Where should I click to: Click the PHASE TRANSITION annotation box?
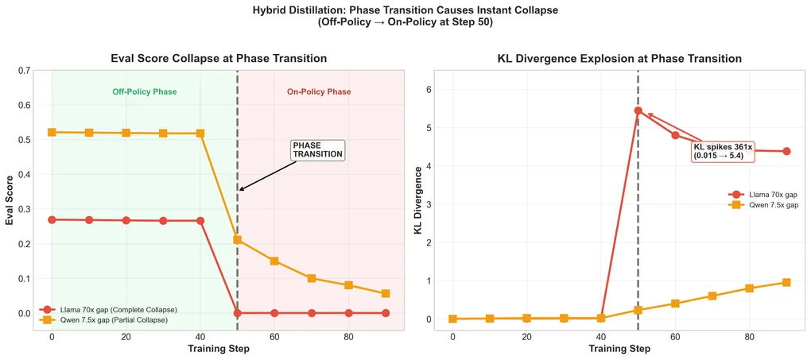tap(317, 150)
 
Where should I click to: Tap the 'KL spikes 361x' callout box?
tap(722, 151)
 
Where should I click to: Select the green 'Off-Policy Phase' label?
tap(144, 92)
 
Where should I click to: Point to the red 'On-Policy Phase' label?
tap(319, 92)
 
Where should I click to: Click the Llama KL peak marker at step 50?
tap(638, 110)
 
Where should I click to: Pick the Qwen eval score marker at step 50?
tap(237, 239)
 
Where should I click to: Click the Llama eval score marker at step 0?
tap(52, 219)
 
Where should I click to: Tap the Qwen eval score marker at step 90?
tap(386, 294)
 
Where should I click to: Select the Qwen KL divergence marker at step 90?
tap(786, 282)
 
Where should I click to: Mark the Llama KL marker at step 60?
tap(675, 135)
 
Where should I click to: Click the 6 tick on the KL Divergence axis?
tap(427, 90)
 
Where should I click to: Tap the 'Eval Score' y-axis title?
tap(10, 198)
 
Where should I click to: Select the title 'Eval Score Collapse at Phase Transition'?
tap(218, 59)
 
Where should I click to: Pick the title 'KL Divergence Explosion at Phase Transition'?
tap(619, 59)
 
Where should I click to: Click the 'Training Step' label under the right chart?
tap(619, 348)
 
